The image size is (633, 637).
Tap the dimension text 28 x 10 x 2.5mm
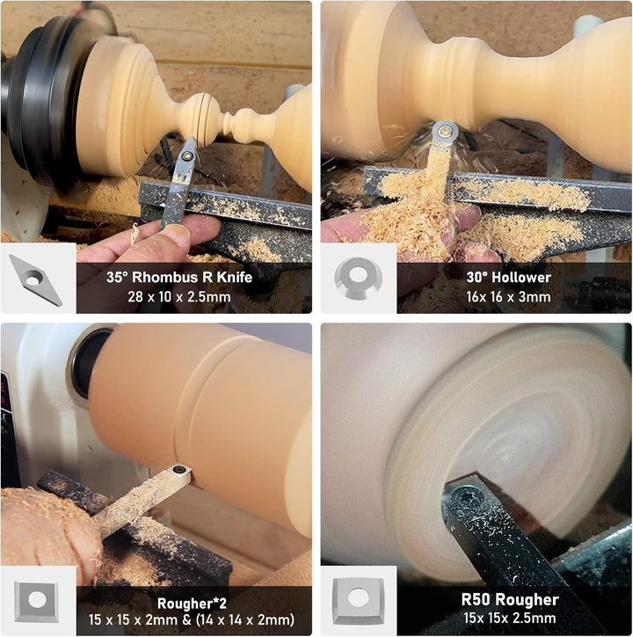(178, 297)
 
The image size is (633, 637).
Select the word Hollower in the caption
(520, 277)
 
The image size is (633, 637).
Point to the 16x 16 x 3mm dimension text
(508, 297)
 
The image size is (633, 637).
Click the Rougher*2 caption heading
(192, 604)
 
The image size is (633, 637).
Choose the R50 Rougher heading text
(510, 599)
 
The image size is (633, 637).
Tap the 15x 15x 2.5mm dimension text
(509, 618)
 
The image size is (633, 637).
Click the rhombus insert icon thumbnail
(35, 280)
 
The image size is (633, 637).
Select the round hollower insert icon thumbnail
(358, 278)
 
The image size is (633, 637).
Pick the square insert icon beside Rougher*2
(37, 601)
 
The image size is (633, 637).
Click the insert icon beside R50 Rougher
(359, 601)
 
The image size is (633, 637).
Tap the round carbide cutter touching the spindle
(445, 132)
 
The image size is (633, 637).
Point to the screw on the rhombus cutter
(187, 156)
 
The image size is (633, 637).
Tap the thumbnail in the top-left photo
(35, 280)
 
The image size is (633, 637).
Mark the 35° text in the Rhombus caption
(117, 277)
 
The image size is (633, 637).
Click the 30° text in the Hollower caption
(477, 277)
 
